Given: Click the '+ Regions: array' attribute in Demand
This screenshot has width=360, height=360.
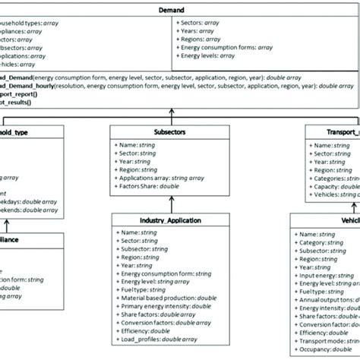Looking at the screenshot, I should click(x=201, y=39).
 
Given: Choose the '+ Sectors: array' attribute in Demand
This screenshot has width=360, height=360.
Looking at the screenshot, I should click(x=201, y=22).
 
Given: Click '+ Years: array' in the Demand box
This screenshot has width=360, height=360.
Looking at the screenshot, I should click(x=197, y=30).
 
